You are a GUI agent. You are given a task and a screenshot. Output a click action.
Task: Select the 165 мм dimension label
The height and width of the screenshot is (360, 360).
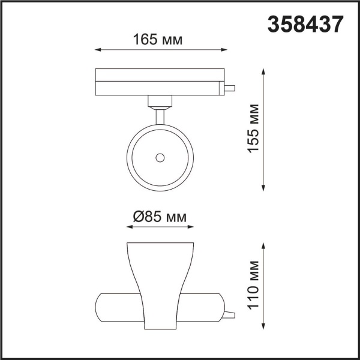coord(159,40)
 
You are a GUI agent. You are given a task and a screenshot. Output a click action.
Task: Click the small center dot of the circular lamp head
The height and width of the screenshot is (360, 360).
coord(160,157)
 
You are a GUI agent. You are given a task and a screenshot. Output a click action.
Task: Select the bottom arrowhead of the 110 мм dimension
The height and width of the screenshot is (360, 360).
coord(265,327)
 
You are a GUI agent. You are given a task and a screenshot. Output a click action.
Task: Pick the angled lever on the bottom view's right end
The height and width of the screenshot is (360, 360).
coord(229,314)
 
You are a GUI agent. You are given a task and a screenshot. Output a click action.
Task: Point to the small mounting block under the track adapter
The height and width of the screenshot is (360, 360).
coord(160,100)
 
